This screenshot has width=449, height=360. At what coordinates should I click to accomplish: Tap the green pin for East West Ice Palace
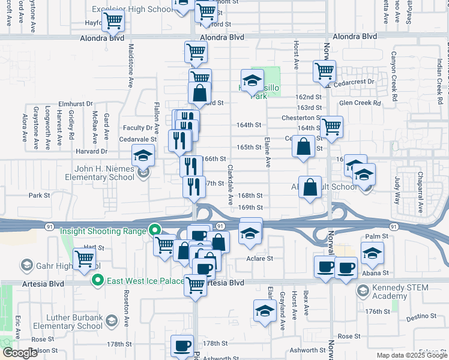[97, 280]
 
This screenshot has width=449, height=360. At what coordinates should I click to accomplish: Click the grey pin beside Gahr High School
[26, 265]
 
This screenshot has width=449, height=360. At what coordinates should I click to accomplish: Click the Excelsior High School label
[131, 10]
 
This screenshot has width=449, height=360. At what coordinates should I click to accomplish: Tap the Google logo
[20, 353]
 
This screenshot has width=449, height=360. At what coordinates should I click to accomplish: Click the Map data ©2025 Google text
[412, 355]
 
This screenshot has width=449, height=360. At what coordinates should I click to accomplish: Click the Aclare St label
[260, 259]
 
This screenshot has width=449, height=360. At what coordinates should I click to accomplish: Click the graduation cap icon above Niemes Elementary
[143, 157]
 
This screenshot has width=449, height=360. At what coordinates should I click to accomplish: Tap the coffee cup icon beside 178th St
[182, 345]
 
